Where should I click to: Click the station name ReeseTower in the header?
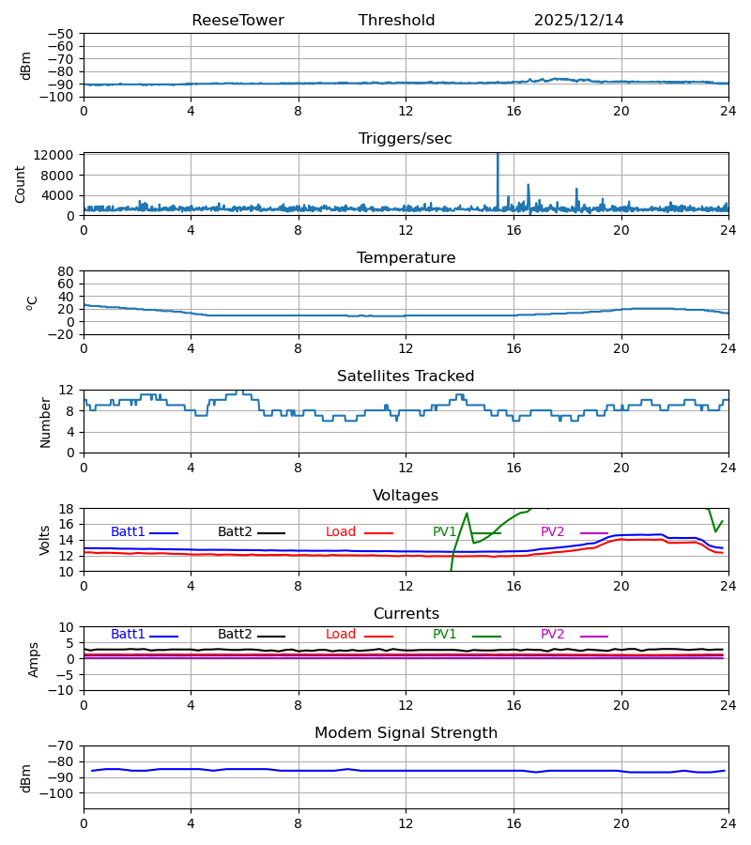coord(238,21)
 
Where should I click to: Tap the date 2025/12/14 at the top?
coord(578,21)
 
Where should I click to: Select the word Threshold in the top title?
coord(396,21)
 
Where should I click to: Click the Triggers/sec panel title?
coord(406,139)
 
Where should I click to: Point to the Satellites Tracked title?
coord(406,376)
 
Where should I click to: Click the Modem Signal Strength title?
coord(406,733)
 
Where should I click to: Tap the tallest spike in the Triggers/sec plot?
coord(498,156)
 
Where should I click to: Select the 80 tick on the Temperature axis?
coord(66,271)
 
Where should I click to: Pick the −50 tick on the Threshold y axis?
coord(62,34)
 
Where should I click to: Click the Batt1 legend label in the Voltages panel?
coord(128,532)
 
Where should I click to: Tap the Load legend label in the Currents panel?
coord(341,635)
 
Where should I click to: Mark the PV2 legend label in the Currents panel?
coord(552,635)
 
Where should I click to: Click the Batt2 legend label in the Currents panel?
coord(235,635)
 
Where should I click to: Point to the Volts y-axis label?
coord(46,540)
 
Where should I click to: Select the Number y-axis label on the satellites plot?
coord(46,422)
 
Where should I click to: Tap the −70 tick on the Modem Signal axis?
coord(62,745)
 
